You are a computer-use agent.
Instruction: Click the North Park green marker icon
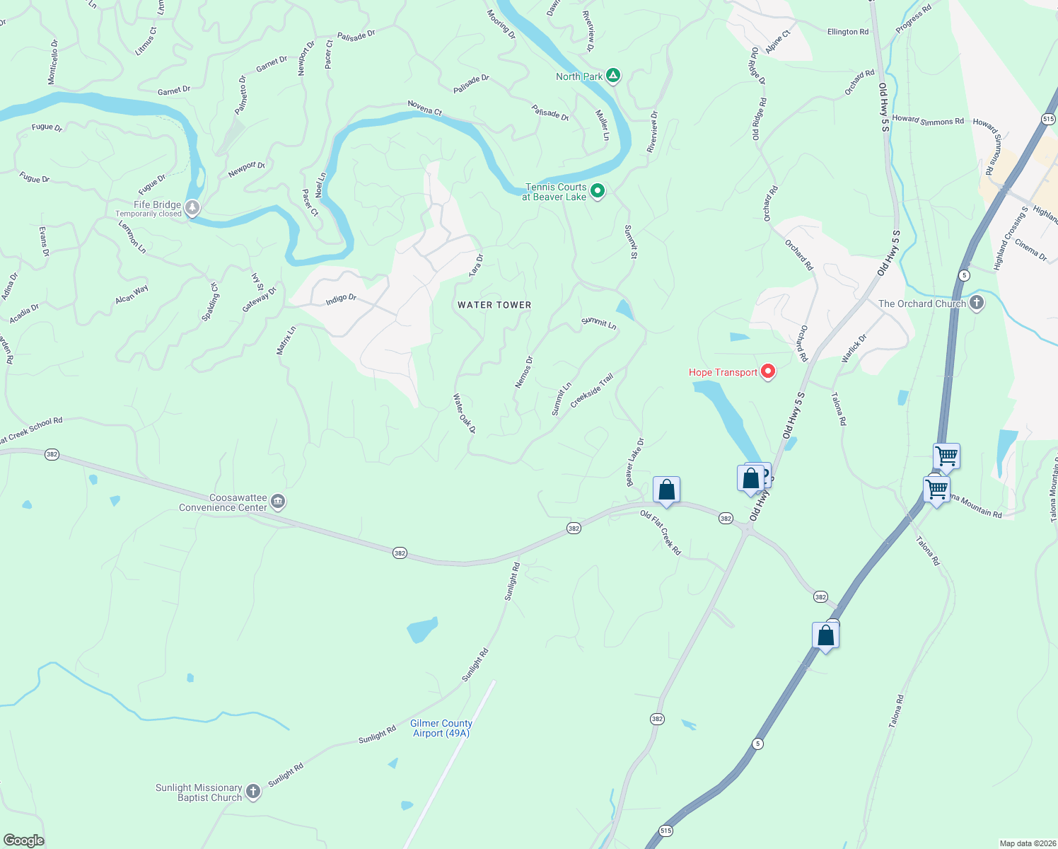613,76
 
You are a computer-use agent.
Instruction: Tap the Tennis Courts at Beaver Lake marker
598,191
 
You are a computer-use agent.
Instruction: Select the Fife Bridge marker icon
192,208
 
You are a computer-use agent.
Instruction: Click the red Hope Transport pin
768,371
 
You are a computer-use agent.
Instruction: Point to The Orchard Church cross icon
977,304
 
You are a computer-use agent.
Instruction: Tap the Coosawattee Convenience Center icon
278,502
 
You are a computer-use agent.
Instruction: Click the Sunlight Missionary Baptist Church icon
253,792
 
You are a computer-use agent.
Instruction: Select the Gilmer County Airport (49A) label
441,728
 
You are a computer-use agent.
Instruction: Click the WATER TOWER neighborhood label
494,305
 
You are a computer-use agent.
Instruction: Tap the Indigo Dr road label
341,299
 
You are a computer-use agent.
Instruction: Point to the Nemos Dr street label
524,372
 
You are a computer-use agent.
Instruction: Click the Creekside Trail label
592,389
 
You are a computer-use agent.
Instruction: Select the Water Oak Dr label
465,414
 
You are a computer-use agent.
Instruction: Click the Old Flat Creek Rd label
661,532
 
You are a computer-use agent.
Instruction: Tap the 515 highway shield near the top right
1048,119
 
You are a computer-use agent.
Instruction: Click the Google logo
24,841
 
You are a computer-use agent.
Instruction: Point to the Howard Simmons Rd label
928,120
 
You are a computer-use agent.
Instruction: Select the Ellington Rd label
847,32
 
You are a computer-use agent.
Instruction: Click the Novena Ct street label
424,108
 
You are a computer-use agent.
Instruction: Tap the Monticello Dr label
53,62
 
